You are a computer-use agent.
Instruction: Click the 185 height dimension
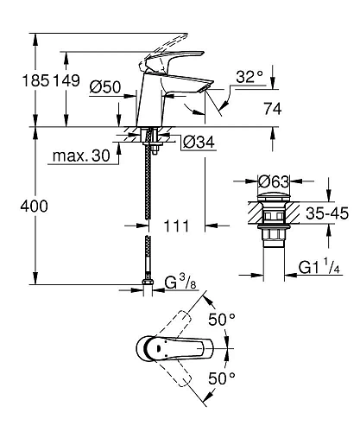pos(20,81)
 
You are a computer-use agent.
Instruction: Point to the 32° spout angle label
pos(249,76)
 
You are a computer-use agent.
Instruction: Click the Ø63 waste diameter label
pos(273,182)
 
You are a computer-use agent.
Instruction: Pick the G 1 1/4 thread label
pos(319,267)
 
